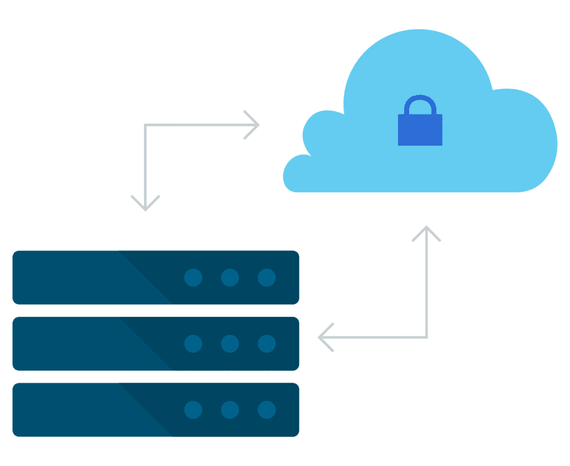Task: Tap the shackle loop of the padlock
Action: [x=420, y=104]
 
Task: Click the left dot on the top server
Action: [x=193, y=277]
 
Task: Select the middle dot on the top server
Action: [x=230, y=277]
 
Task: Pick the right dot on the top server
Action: [x=267, y=277]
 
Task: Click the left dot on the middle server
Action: [x=193, y=344]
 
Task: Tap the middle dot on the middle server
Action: [x=230, y=344]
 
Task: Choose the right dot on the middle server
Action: [x=267, y=344]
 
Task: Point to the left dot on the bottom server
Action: [x=193, y=410]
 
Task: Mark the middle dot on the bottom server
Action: [x=230, y=410]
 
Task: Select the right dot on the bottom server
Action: [x=267, y=410]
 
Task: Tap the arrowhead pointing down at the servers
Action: [x=145, y=205]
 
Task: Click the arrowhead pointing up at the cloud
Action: [x=426, y=231]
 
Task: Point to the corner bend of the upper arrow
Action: [x=145, y=125]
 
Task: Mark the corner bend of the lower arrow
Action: [x=426, y=337]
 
